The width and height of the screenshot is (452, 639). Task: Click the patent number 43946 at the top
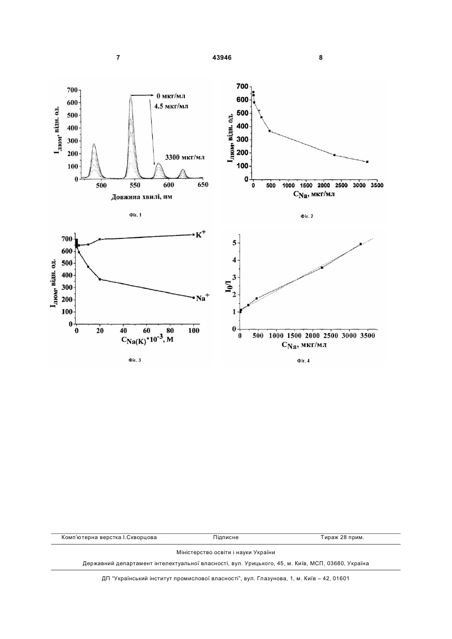(222, 58)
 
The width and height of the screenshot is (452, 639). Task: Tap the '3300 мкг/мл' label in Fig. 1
(185, 157)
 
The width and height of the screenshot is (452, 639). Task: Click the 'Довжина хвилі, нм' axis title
(142, 197)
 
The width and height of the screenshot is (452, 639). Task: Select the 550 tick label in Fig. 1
(135, 185)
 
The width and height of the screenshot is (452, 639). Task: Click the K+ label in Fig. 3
(200, 235)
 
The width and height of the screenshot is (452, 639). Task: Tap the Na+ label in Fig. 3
(202, 298)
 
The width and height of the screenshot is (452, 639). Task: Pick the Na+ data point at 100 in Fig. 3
(193, 298)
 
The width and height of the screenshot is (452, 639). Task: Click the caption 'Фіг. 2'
(307, 216)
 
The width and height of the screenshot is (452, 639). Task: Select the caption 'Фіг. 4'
(303, 361)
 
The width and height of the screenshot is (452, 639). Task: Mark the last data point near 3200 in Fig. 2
(367, 162)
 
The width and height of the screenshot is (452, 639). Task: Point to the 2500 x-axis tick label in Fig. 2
(342, 185)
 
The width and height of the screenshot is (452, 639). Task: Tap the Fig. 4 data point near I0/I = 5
(361, 244)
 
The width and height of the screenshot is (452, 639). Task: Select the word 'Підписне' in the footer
(225, 538)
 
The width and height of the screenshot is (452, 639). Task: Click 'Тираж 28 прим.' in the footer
(343, 538)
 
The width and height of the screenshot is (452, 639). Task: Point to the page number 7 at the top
(118, 58)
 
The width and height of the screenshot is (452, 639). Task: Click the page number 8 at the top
(321, 58)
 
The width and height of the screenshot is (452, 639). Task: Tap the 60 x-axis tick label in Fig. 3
(147, 331)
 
